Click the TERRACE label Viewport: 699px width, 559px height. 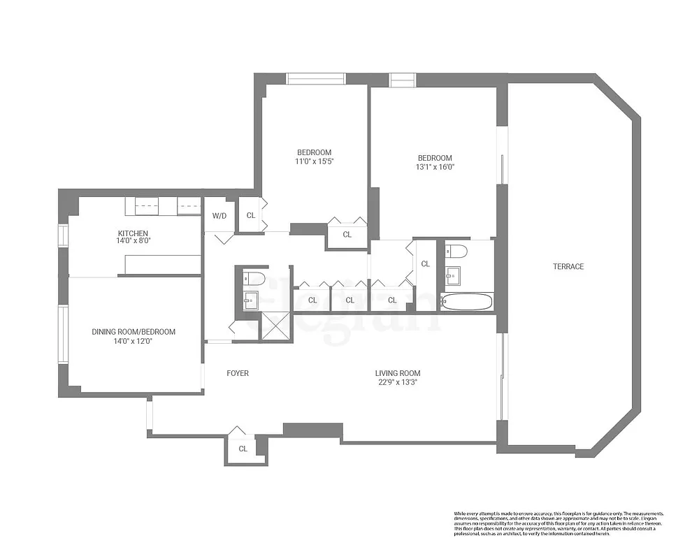pos(568,266)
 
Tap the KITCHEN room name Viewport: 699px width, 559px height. pos(132,233)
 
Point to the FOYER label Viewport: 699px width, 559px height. pos(238,373)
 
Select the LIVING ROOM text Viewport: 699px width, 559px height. pos(398,373)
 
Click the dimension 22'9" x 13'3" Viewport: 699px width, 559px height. pos(398,382)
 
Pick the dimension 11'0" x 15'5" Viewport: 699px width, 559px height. pos(314,162)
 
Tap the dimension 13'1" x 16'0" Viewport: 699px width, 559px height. pos(435,167)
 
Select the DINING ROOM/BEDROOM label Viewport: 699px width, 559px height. pos(134,332)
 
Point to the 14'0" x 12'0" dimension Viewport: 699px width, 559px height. pos(134,342)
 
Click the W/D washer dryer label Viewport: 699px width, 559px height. pos(219,215)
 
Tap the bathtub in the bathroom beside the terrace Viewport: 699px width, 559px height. pos(467,303)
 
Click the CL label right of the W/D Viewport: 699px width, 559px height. pos(250,215)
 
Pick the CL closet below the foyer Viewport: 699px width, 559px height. pos(243,449)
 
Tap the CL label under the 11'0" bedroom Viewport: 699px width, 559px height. pos(347,235)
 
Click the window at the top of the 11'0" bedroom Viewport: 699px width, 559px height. pos(316,78)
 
